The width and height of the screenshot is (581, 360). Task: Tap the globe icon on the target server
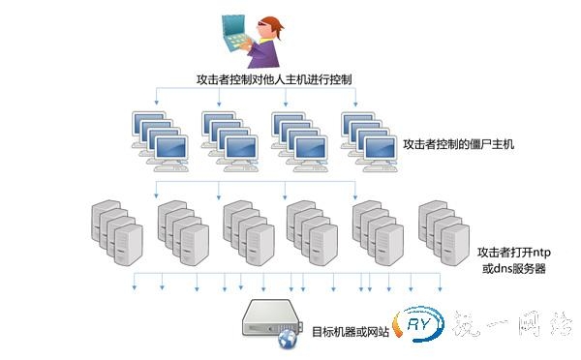[x=287, y=340]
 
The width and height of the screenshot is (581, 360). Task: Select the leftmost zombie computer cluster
[x=160, y=136]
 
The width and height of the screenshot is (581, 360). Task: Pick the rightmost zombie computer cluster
[x=369, y=136]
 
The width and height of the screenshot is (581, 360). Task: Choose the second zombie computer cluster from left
[x=229, y=136]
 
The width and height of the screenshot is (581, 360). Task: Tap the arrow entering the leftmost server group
[x=156, y=190]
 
